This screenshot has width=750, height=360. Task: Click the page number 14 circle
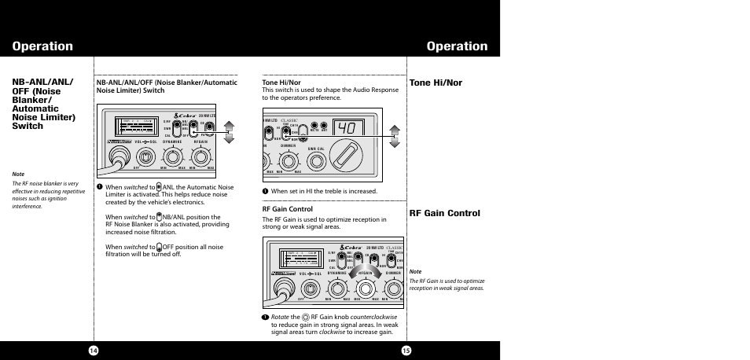93,350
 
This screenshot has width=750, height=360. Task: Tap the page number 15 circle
406,350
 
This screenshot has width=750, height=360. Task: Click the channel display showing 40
347,127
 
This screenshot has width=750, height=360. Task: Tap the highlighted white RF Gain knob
360,285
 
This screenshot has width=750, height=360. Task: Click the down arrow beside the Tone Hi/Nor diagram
395,143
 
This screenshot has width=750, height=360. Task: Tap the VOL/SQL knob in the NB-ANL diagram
149,154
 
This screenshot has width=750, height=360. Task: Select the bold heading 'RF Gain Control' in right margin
444,213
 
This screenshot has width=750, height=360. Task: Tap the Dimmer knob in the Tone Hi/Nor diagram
289,160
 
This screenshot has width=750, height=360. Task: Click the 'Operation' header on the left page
42,46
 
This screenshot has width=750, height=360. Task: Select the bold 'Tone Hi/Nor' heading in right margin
436,83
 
